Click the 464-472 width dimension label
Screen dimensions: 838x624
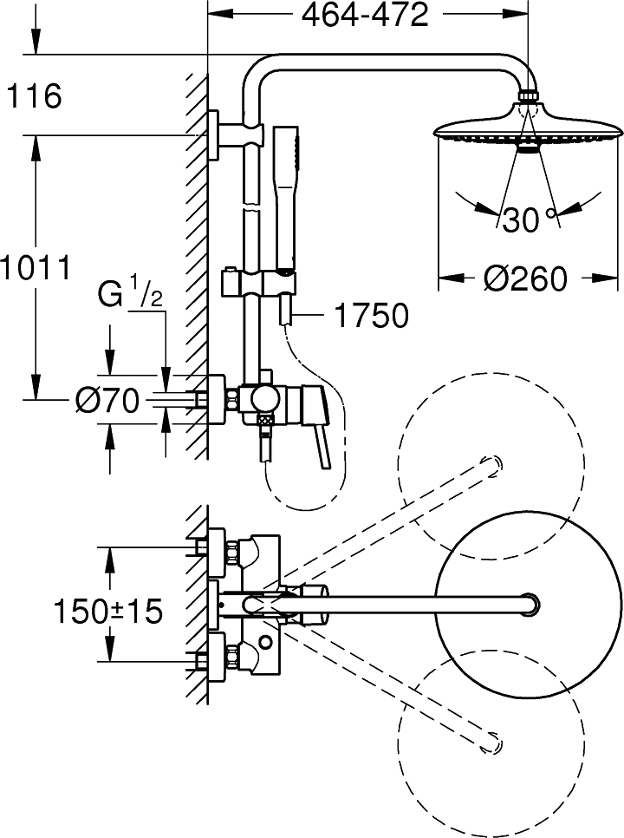[365, 16]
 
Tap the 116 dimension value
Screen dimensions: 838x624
[34, 96]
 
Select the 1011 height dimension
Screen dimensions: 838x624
[35, 268]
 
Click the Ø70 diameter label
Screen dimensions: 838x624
[107, 401]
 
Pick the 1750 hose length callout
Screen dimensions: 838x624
[370, 317]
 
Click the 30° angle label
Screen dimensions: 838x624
[529, 221]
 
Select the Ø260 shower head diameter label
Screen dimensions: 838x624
[525, 279]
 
